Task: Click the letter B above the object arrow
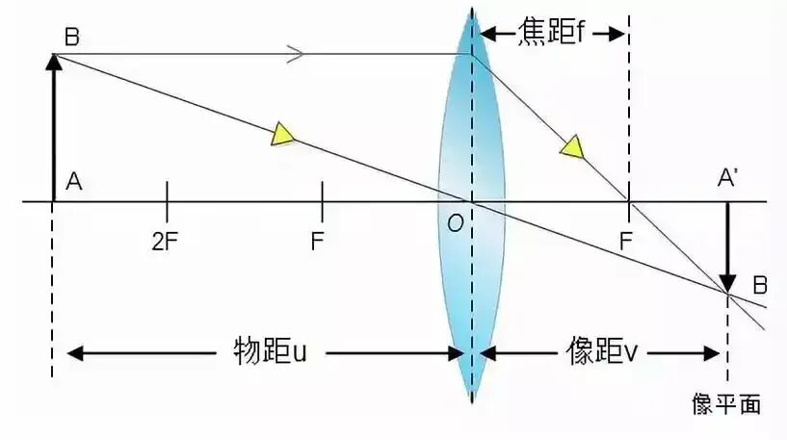click(72, 38)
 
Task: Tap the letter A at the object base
click(74, 181)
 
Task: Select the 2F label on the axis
click(165, 242)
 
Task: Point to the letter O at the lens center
click(456, 222)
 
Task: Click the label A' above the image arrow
click(727, 177)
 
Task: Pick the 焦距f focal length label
click(552, 32)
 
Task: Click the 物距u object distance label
click(270, 351)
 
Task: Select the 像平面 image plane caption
click(726, 403)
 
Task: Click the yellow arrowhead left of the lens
click(282, 135)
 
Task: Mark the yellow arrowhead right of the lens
click(573, 147)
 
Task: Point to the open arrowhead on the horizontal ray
click(296, 54)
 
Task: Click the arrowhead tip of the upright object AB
click(54, 54)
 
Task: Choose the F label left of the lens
click(317, 242)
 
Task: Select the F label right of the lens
click(625, 242)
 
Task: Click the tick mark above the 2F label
click(167, 201)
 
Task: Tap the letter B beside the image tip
click(760, 285)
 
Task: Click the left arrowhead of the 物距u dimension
click(75, 353)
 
